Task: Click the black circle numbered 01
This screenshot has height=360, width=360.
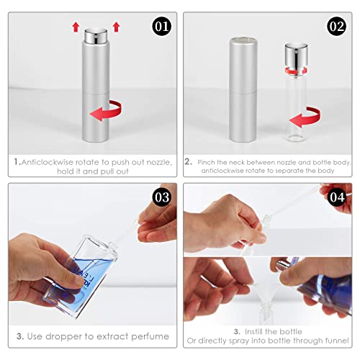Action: coord(162,27)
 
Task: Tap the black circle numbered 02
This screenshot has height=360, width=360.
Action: coord(337,27)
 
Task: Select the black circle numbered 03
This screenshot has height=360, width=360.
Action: coord(162,197)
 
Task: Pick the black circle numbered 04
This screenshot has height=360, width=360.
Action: coord(337,197)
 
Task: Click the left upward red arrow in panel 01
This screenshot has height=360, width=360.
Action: coord(76,27)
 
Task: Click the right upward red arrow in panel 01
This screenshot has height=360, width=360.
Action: coord(117,27)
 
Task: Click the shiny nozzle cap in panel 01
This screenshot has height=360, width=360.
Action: coord(96,35)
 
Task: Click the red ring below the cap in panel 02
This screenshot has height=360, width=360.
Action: coord(296,71)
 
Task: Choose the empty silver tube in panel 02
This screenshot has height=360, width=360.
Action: coord(243,89)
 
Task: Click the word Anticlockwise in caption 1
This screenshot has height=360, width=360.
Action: coord(47,162)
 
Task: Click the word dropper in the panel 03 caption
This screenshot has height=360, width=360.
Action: coord(63,337)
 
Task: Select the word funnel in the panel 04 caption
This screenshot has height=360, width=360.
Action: coord(337,341)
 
